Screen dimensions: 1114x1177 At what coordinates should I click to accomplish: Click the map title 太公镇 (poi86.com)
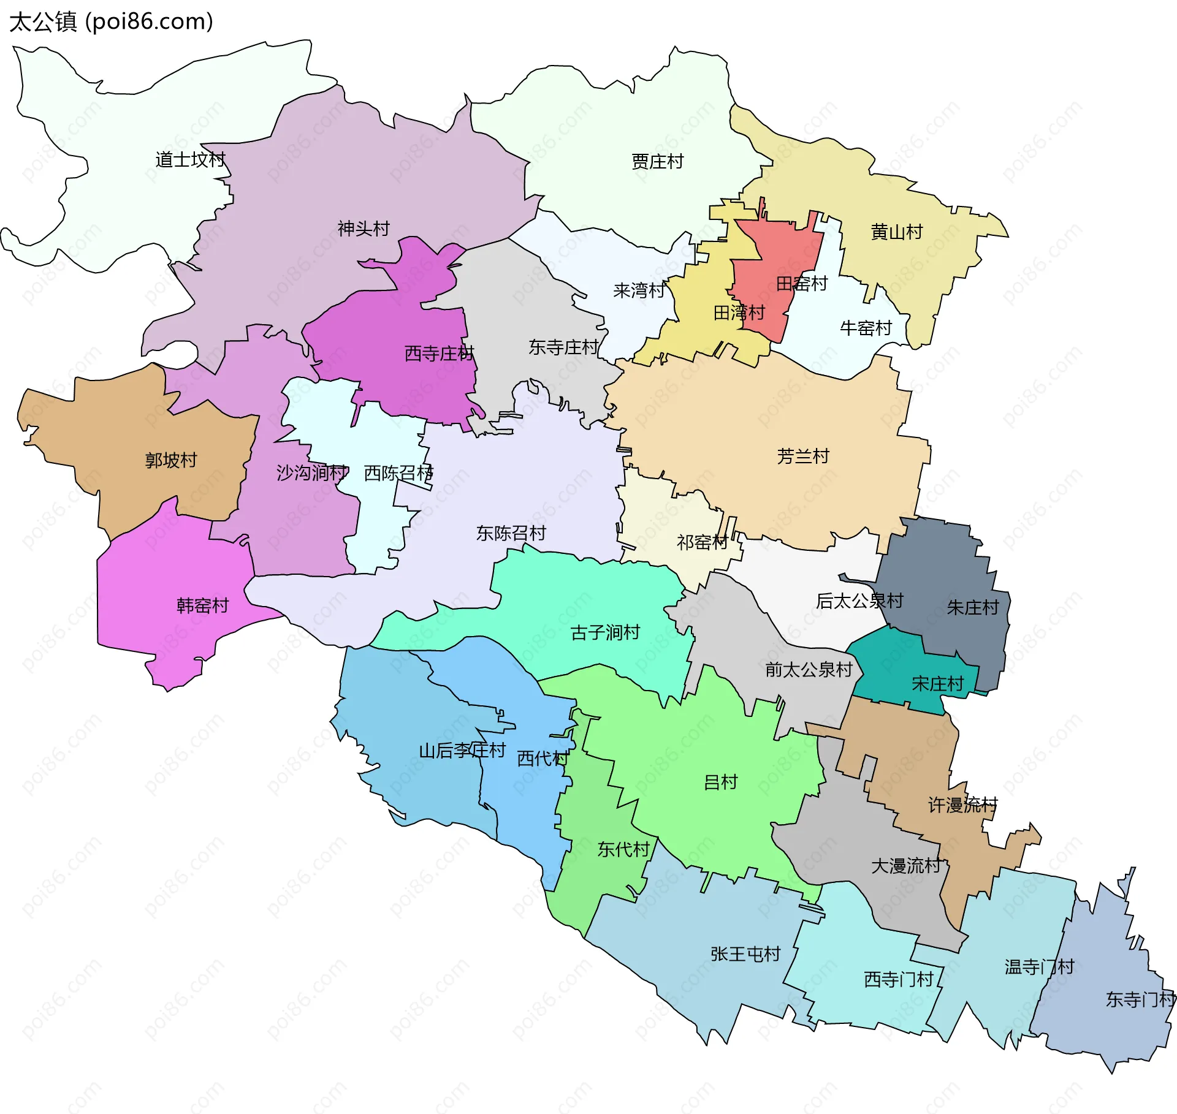(111, 21)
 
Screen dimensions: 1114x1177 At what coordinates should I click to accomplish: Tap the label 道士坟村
(190, 160)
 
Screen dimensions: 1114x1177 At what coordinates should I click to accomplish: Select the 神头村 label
(364, 229)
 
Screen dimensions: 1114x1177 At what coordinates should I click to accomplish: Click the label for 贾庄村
(657, 162)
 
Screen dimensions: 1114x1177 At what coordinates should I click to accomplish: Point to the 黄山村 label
(896, 232)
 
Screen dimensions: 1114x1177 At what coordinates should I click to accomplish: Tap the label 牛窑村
(866, 328)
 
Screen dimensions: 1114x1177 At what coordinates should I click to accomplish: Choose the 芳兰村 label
(802, 456)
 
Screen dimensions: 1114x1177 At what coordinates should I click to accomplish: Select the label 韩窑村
(202, 605)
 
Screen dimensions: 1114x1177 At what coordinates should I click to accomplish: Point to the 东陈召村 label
(511, 532)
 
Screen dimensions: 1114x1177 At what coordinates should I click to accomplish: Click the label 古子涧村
(605, 632)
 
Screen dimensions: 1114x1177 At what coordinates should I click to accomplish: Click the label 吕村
(720, 782)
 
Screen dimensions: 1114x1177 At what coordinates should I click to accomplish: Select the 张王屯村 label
(745, 954)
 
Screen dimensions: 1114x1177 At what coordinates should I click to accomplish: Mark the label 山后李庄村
(462, 750)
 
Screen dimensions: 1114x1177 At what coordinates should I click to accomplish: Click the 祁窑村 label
(702, 542)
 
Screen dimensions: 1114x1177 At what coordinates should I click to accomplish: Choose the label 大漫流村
(905, 866)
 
